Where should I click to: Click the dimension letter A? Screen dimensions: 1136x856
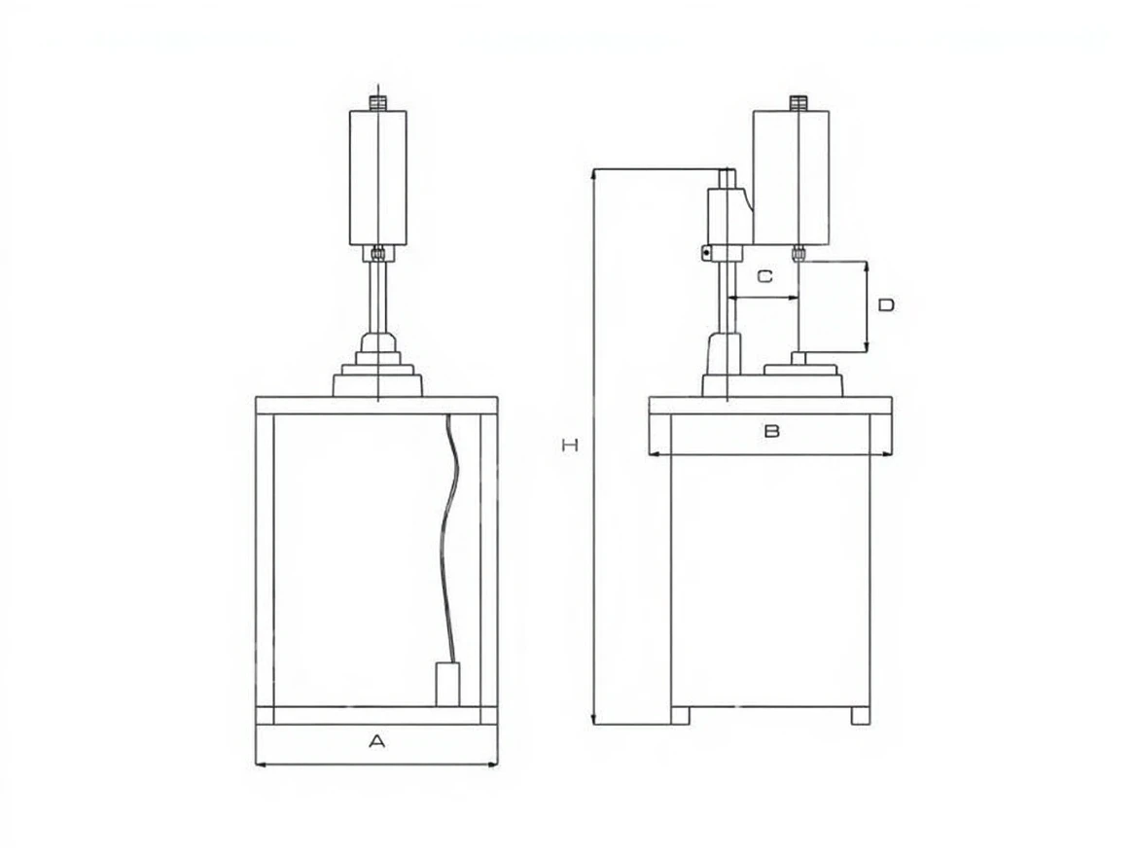376,741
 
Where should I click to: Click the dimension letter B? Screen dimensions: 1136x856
771,431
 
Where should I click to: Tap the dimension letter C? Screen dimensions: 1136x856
765,276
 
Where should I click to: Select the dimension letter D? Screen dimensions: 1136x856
886,305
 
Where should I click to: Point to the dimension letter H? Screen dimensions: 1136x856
570,446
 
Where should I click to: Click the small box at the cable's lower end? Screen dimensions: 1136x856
447,684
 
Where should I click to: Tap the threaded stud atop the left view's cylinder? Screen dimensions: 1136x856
378,102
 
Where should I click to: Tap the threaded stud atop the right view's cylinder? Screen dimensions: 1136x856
799,103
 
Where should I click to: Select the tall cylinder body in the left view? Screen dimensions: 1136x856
378,178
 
